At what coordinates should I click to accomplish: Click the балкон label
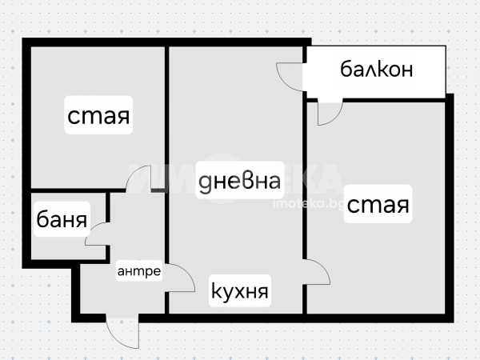(377, 69)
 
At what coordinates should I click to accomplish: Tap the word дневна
(240, 182)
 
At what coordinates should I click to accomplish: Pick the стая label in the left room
(98, 118)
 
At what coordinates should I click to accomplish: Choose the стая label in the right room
(378, 206)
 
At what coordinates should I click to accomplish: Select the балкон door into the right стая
(329, 112)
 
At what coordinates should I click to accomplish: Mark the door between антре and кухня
(180, 279)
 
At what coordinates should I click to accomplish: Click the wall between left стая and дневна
(166, 112)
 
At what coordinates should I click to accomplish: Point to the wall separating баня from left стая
(68, 192)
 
